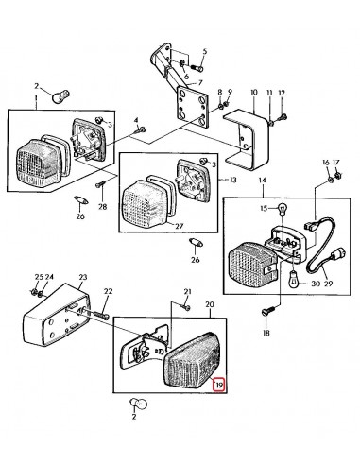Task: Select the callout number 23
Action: pos(83,278)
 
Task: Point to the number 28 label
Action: pos(103,207)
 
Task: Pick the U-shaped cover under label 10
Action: pos(252,131)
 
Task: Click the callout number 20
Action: pos(210,304)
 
